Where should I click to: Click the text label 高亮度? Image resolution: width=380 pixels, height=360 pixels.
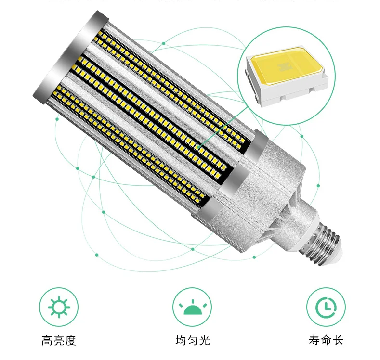tap(59, 341)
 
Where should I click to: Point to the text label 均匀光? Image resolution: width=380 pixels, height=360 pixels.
tap(192, 341)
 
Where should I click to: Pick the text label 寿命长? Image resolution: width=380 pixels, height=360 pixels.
tap(326, 341)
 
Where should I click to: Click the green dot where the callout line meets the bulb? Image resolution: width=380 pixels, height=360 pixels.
tap(199, 146)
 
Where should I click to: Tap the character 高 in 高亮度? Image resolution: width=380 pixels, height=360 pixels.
tap(47, 341)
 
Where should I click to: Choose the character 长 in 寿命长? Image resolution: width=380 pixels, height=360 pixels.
tap(338, 341)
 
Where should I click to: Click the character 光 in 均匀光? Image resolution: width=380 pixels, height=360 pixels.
tap(204, 341)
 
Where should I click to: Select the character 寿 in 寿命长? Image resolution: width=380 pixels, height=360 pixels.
tap(314, 341)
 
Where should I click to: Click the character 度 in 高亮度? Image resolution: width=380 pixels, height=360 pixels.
tap(71, 341)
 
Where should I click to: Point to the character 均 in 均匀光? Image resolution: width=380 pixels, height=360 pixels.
tap(180, 341)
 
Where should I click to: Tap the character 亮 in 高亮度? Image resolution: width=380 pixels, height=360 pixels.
tap(59, 341)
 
